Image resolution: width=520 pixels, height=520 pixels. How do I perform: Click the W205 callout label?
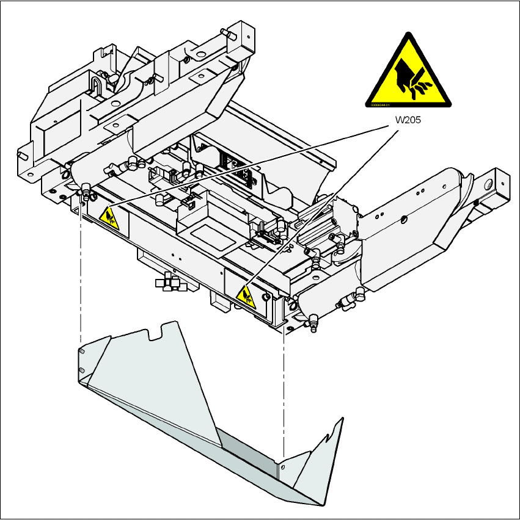coord(408,120)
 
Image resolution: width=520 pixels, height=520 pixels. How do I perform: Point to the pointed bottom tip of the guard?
coord(322,504)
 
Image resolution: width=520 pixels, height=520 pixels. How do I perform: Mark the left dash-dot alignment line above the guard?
coord(81,275)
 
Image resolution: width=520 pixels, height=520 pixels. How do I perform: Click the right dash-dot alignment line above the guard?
coord(284,391)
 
